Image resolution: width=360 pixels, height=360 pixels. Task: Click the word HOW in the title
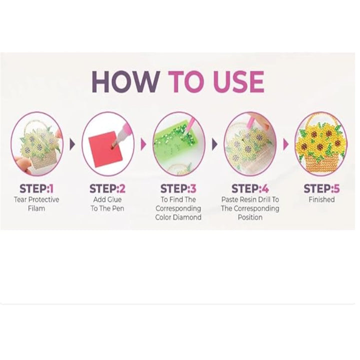point(126,81)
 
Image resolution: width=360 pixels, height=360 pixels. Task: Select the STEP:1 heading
point(36,188)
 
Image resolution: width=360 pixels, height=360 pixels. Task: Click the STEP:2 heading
point(107,188)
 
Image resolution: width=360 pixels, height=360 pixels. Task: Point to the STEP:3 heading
point(178,188)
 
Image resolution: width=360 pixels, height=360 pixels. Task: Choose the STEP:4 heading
point(250,188)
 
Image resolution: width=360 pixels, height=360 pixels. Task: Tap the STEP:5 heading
point(321,188)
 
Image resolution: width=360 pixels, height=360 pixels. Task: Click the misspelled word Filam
point(36,208)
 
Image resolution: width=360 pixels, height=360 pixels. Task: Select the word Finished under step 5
point(321,199)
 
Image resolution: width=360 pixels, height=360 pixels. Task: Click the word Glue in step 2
point(114,199)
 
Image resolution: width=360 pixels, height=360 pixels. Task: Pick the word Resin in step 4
point(250,199)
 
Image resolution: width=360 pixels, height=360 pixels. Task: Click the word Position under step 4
point(250,217)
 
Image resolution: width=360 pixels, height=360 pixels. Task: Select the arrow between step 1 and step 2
point(72,144)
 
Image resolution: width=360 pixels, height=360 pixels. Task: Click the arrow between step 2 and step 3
point(143,144)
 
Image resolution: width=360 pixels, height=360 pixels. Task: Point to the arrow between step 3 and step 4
point(214,144)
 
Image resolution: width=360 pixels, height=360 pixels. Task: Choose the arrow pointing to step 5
point(285,144)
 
